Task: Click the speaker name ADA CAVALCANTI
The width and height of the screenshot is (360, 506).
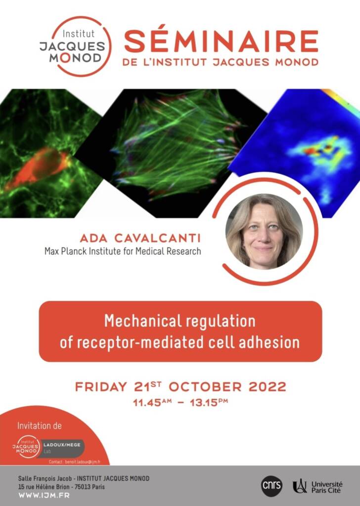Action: click(x=140, y=239)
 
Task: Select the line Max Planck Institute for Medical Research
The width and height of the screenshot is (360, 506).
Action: click(x=123, y=251)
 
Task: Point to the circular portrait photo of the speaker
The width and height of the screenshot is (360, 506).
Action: click(x=264, y=231)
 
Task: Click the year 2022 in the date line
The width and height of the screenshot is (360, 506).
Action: click(x=268, y=386)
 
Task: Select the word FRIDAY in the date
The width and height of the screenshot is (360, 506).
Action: click(x=101, y=386)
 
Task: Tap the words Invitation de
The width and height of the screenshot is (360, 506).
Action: click(x=40, y=425)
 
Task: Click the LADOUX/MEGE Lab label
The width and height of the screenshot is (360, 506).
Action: click(x=62, y=448)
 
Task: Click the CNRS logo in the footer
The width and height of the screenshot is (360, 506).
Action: click(x=271, y=485)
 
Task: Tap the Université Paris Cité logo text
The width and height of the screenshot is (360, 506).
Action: click(x=327, y=487)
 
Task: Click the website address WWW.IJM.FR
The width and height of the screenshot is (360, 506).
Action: click(x=44, y=495)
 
